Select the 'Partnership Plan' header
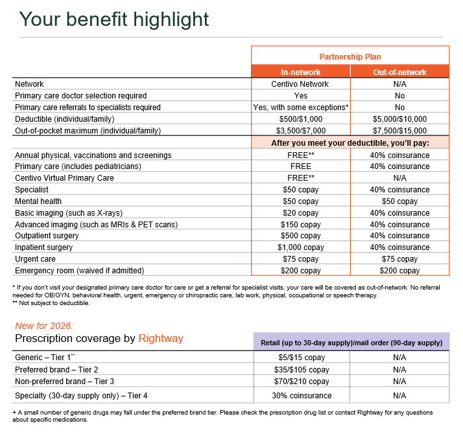[350, 56]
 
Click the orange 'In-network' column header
[300, 72]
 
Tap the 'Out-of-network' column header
[399, 72]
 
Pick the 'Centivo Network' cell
[300, 84]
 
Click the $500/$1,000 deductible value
[300, 119]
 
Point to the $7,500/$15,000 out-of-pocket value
[399, 130]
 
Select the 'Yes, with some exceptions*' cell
[300, 107]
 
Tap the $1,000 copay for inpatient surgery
[300, 247]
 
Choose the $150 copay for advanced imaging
[300, 224]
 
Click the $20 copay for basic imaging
[300, 212]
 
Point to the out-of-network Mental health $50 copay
[399, 201]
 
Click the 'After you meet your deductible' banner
[350, 143]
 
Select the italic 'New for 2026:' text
[43, 326]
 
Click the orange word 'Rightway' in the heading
[161, 338]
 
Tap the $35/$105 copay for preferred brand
[300, 369]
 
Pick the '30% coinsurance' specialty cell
[300, 395]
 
